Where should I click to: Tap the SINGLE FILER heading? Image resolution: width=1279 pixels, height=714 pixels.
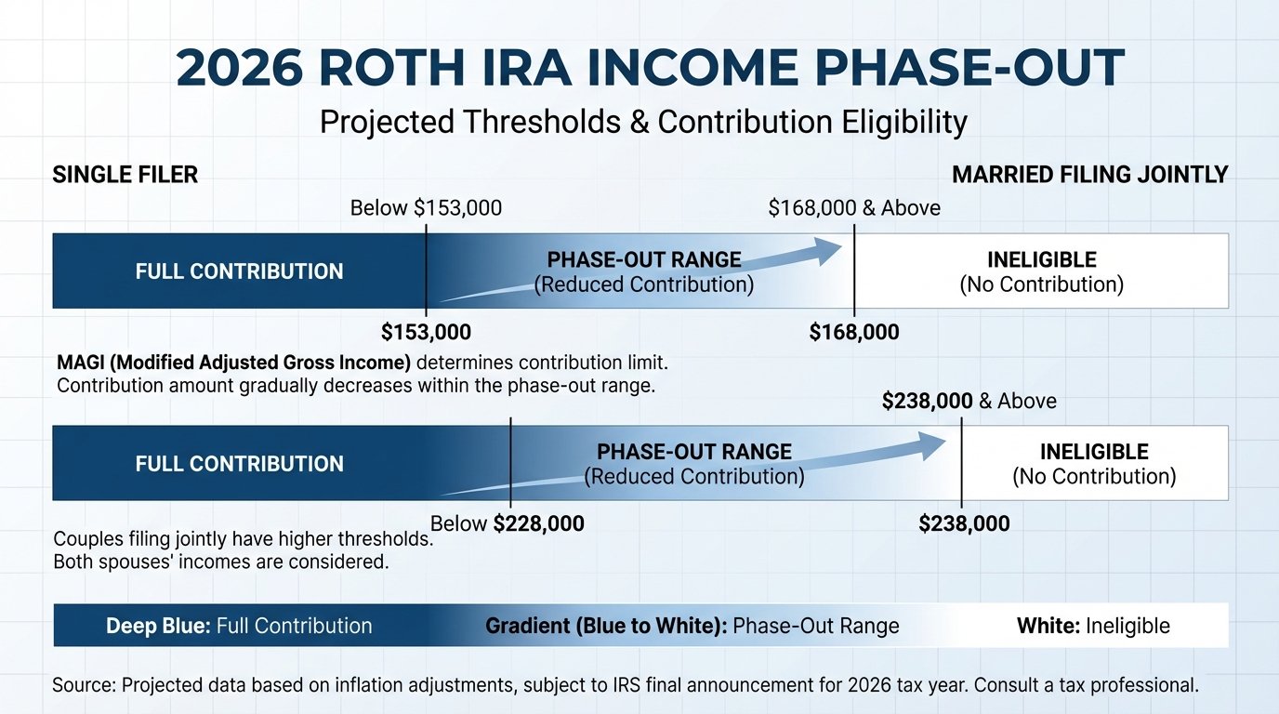tap(125, 175)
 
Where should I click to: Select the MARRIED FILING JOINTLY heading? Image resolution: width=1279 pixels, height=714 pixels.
tap(1089, 175)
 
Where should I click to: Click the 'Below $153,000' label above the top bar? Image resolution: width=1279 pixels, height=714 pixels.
tap(426, 208)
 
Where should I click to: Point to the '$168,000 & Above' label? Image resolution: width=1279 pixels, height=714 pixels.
tap(854, 208)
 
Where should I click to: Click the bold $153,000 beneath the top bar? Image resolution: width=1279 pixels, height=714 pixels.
tap(426, 332)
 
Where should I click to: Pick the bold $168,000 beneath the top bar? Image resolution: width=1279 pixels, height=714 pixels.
tap(854, 332)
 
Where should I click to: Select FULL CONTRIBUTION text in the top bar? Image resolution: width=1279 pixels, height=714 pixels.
tap(239, 271)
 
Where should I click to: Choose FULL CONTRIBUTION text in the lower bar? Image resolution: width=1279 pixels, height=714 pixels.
tap(239, 464)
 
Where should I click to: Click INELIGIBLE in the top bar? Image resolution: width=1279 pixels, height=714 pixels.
tap(1041, 260)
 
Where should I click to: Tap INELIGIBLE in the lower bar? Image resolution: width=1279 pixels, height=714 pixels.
tap(1094, 453)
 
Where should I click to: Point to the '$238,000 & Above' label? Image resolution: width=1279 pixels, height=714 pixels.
tap(969, 402)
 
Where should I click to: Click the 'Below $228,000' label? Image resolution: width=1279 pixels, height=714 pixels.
tap(508, 524)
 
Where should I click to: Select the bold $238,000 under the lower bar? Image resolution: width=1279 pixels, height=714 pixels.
tap(964, 524)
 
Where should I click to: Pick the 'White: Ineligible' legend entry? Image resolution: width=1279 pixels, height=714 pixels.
tap(1093, 627)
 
